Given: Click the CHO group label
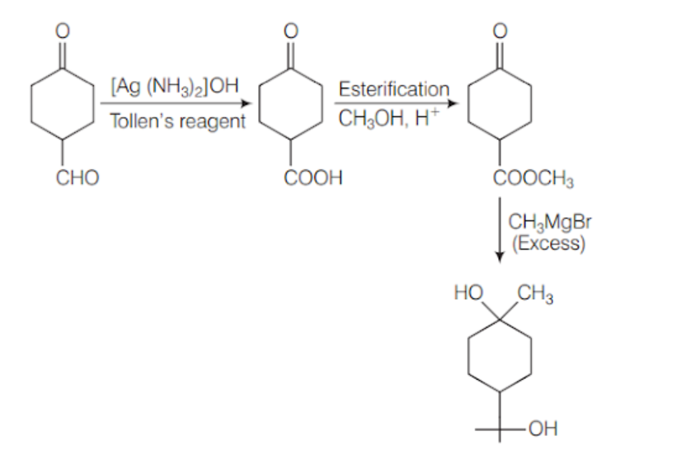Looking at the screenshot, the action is tap(78, 178).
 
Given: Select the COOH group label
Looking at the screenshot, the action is tap(312, 178).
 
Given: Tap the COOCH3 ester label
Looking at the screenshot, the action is tap(533, 178).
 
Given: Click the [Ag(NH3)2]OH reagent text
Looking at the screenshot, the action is tap(175, 87).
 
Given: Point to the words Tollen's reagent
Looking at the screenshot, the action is tap(177, 121).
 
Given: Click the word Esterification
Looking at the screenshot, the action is tap(394, 89).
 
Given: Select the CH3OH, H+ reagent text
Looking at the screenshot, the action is tap(388, 118).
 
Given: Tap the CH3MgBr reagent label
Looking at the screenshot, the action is tap(549, 221).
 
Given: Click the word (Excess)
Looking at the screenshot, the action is tap(548, 243).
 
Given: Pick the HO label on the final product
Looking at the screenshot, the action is tap(468, 292).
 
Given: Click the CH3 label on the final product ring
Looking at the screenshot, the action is tap(535, 293).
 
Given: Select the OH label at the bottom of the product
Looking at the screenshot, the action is tap(543, 429).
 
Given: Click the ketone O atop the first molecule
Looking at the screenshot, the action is tap(62, 31).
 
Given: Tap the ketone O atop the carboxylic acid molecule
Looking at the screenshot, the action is tap(291, 31).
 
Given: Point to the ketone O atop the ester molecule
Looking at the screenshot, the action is tap(500, 31).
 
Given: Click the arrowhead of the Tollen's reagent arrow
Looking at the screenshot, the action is tap(247, 104).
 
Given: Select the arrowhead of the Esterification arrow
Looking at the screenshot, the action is tap(453, 104).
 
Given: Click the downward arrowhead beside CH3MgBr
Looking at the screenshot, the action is tap(500, 257).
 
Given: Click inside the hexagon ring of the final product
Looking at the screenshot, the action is tap(500, 356).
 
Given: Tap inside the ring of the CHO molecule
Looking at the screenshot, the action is tap(62, 104).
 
